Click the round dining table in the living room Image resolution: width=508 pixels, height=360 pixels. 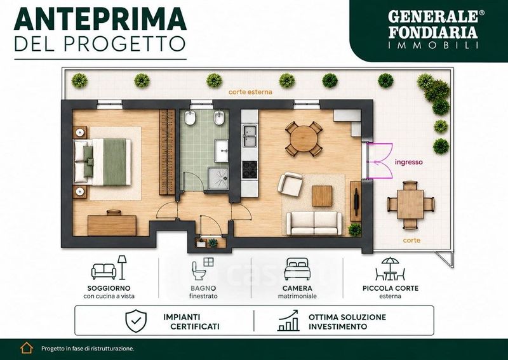304,138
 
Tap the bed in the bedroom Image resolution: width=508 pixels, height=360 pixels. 102,162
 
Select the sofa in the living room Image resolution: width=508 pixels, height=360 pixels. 314,223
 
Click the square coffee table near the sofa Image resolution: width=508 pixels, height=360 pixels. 322,196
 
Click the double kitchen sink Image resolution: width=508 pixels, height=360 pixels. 250,136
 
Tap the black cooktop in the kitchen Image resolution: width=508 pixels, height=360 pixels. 250,169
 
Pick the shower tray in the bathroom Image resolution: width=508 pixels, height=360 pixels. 218,178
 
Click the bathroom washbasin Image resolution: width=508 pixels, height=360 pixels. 222,150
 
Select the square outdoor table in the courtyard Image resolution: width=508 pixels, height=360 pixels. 410,204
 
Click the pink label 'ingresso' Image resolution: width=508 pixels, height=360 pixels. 408,162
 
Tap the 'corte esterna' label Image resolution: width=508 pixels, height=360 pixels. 250,92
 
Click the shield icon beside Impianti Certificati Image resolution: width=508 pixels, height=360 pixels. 136,321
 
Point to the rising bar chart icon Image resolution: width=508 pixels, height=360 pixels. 288,320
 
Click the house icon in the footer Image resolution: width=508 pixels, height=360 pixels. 27,348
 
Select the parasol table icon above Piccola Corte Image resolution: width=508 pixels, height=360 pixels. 390,269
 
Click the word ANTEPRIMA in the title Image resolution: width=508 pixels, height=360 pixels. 100,19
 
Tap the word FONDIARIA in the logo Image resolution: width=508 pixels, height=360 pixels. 433,32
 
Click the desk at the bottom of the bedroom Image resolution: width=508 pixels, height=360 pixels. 112,225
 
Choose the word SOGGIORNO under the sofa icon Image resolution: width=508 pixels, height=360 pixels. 109,288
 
